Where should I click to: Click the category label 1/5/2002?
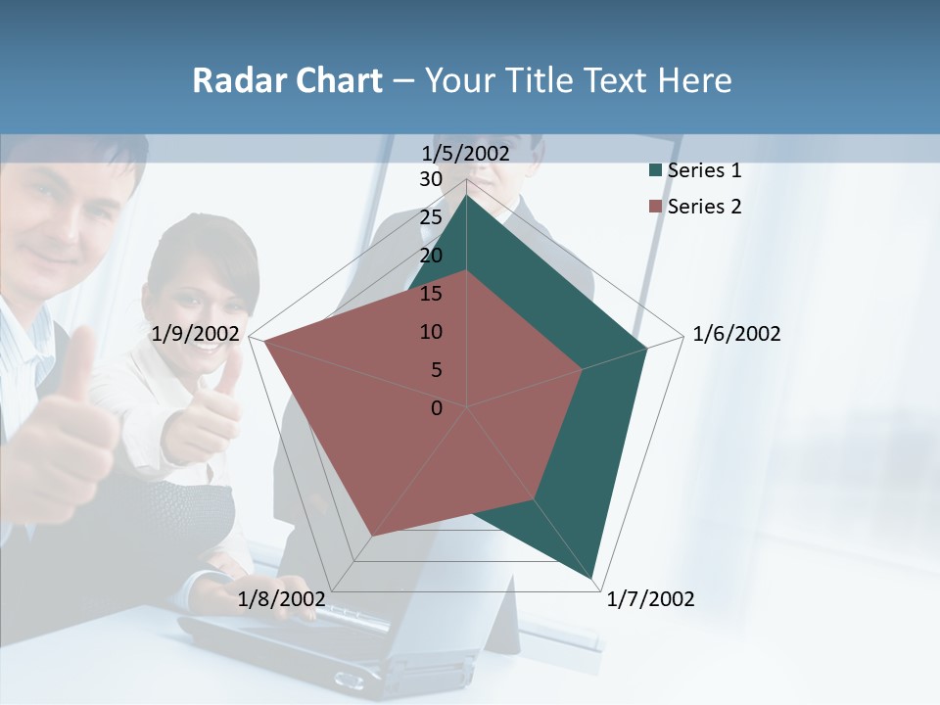[x=466, y=154]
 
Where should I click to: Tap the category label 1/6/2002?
[x=736, y=334]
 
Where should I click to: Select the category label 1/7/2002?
[x=650, y=598]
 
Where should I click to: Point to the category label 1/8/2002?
[x=281, y=598]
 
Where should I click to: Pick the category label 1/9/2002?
[x=196, y=334]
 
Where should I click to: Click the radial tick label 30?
[x=431, y=179]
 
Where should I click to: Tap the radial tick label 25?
[x=431, y=217]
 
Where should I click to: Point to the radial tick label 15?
[x=431, y=294]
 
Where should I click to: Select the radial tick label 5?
[x=436, y=370]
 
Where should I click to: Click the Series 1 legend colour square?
[x=655, y=171]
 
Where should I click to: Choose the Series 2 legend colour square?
[x=655, y=207]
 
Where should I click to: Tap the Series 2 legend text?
[x=704, y=207]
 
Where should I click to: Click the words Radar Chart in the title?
[x=287, y=80]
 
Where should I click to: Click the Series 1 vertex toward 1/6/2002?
[x=646, y=349]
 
